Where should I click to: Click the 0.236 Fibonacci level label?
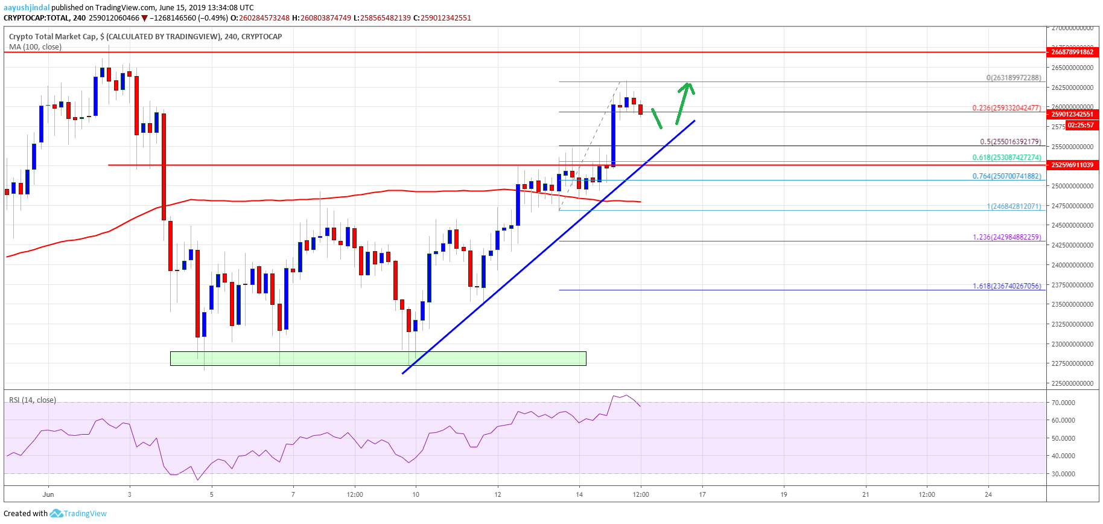click(x=1006, y=108)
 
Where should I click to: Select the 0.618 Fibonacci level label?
click(x=1006, y=158)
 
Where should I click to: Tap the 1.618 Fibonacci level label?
click(x=1006, y=286)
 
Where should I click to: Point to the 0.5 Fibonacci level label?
click(x=1010, y=142)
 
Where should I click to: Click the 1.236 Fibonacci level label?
click(x=1006, y=237)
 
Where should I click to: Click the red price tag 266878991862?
click(x=1072, y=52)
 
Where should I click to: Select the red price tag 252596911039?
click(x=1072, y=165)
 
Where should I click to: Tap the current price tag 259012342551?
click(x=1072, y=114)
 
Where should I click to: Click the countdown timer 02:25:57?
click(x=1079, y=126)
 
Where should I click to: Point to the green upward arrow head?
click(x=687, y=87)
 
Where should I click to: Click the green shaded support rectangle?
click(x=378, y=359)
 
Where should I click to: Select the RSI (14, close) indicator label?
click(x=33, y=400)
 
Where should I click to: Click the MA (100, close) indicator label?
click(x=35, y=46)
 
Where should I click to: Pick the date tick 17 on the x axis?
click(x=702, y=494)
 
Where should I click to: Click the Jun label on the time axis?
click(x=48, y=494)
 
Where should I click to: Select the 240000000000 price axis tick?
click(x=1072, y=265)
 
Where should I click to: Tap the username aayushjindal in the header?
click(x=27, y=8)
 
